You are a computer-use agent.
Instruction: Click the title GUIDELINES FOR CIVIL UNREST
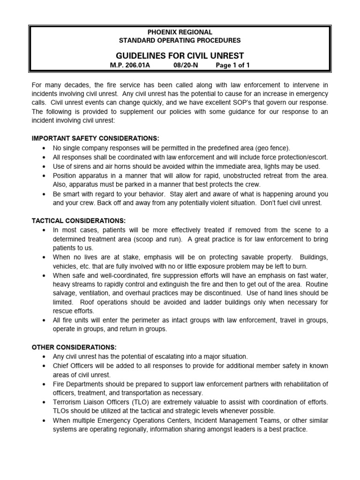coord(180,55)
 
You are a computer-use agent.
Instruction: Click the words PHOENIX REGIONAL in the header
coord(180,32)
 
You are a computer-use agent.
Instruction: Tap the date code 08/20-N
coord(186,66)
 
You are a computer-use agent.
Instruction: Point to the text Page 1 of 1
coord(232,66)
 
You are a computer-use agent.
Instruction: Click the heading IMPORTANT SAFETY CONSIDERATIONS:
coord(95,138)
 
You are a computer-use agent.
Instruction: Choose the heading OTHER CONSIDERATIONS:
coord(74,347)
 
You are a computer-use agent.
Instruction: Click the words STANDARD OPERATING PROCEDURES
coord(180,40)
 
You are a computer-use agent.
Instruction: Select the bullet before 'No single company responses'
coord(44,148)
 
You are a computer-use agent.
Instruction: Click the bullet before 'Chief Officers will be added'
coord(44,366)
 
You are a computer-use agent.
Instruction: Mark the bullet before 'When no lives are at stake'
coord(44,257)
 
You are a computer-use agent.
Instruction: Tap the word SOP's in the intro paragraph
coord(284,102)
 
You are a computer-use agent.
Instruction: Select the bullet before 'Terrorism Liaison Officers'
coord(44,402)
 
